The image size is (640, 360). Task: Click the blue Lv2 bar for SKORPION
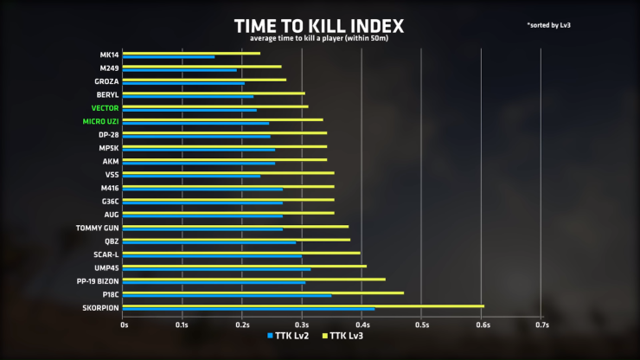pyautogui.click(x=250, y=309)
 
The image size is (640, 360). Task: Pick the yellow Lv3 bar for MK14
pyautogui.click(x=192, y=53)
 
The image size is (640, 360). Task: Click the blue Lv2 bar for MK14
pyautogui.click(x=170, y=57)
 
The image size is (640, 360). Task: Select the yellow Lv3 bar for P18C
pyautogui.click(x=264, y=292)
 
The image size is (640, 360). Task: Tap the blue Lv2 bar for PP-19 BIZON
pyautogui.click(x=214, y=283)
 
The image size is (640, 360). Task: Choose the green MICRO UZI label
pyautogui.click(x=100, y=121)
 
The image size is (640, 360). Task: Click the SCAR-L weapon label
pyautogui.click(x=105, y=254)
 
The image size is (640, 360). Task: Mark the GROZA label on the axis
pyautogui.click(x=106, y=81)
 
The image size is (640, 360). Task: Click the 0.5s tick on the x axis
pyautogui.click(x=421, y=325)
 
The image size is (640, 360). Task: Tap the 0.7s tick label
pyautogui.click(x=541, y=325)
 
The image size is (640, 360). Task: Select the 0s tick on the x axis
pyautogui.click(x=125, y=325)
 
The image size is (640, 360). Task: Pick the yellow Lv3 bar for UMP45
pyautogui.click(x=246, y=266)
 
